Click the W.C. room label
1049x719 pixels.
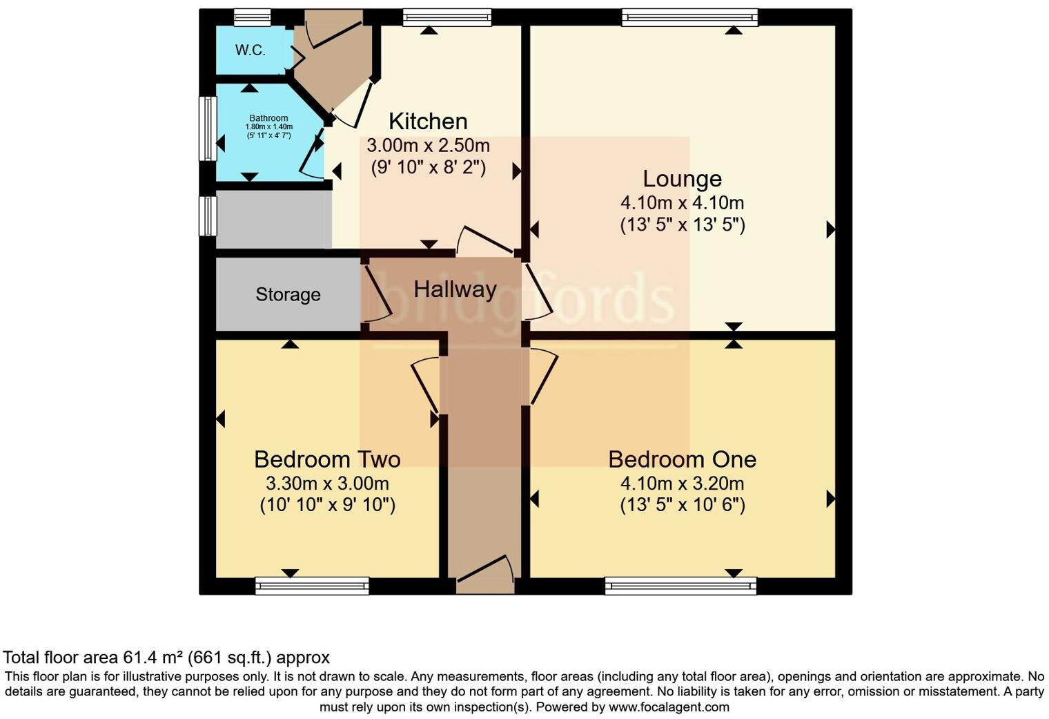click(x=250, y=50)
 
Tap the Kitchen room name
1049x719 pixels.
click(x=428, y=122)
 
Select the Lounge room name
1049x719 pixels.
click(x=682, y=179)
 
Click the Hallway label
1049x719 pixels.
click(x=455, y=289)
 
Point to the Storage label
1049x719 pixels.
click(x=288, y=295)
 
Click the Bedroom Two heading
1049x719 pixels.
click(x=327, y=459)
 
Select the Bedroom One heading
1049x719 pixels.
click(x=682, y=459)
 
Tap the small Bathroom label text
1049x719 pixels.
click(x=268, y=119)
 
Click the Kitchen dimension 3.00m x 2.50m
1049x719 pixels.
click(x=428, y=146)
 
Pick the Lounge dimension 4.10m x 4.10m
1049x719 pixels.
click(x=682, y=203)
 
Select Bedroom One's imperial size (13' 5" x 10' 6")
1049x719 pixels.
click(x=682, y=505)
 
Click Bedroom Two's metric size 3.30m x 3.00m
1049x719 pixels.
click(x=327, y=483)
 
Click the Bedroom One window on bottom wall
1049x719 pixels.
click(x=680, y=586)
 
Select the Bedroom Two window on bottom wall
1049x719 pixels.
click(x=312, y=586)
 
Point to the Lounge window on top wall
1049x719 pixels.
click(x=689, y=17)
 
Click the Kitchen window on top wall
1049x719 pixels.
click(x=447, y=17)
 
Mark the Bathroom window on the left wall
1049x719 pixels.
click(x=207, y=129)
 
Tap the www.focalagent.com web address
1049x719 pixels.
click(x=668, y=707)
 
